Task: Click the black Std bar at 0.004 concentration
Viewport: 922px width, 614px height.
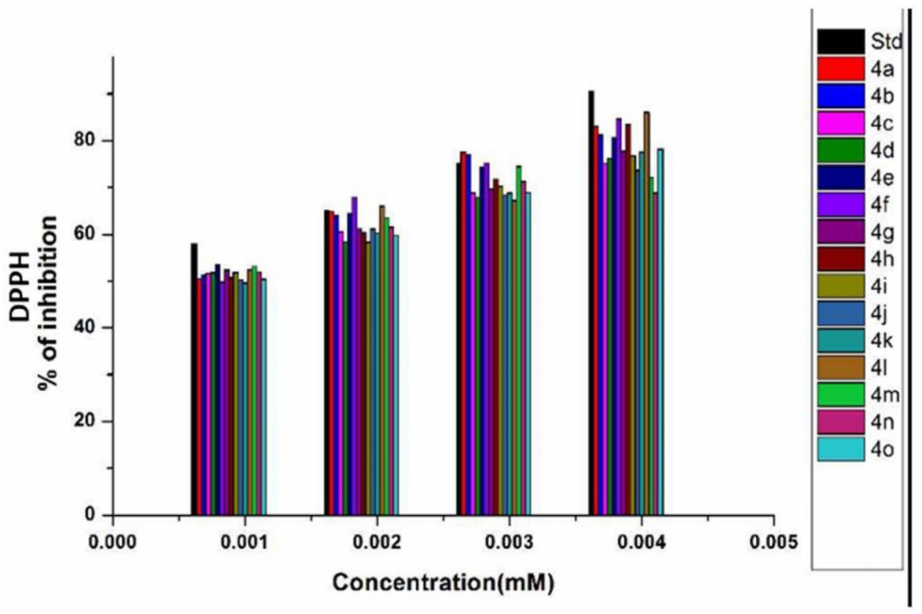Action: click(x=591, y=305)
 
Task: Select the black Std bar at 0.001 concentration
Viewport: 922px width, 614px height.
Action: click(x=194, y=380)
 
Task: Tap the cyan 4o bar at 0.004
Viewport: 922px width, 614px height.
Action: click(x=660, y=333)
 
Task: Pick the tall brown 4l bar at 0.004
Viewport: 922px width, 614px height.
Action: click(x=647, y=313)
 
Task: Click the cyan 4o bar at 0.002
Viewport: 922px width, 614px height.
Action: click(x=396, y=376)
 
